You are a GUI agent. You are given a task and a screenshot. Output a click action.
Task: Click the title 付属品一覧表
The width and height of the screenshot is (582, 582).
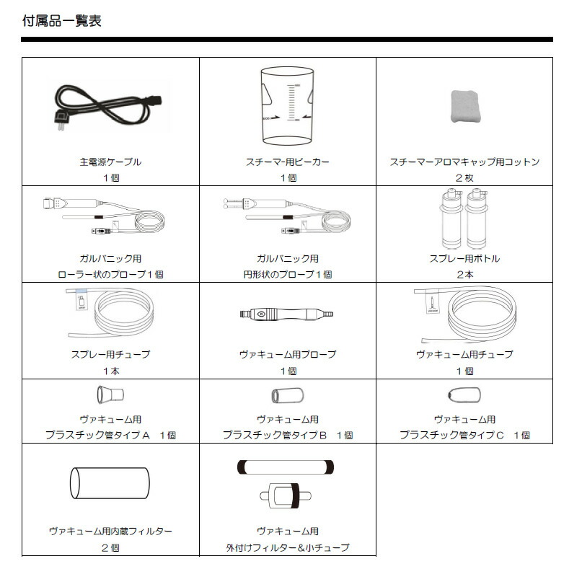[x=62, y=20]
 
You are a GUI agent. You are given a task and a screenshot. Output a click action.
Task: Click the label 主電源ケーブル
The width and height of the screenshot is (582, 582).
[x=110, y=162]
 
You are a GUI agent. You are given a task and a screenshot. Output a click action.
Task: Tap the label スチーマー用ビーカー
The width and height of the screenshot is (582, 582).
[x=287, y=162]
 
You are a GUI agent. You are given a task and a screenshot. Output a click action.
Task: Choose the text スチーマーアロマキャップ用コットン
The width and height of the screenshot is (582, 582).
[x=464, y=162]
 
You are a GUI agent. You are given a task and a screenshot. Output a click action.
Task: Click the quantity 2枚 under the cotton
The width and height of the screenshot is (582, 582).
[x=464, y=178]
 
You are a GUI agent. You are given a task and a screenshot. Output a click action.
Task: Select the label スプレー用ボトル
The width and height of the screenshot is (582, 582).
[x=464, y=258]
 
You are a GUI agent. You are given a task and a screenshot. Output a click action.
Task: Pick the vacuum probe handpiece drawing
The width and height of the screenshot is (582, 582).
[x=288, y=315]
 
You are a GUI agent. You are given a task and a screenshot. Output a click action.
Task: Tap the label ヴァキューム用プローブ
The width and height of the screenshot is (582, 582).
[x=287, y=354]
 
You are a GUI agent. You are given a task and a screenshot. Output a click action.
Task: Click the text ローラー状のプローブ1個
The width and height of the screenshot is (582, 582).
[x=110, y=275]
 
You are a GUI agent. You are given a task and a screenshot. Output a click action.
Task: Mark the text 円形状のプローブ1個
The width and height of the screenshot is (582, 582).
[x=287, y=275]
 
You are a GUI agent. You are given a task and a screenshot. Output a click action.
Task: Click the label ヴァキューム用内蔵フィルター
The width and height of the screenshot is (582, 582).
[x=110, y=532]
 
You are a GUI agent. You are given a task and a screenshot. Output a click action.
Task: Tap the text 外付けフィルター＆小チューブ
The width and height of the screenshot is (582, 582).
[x=287, y=548]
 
